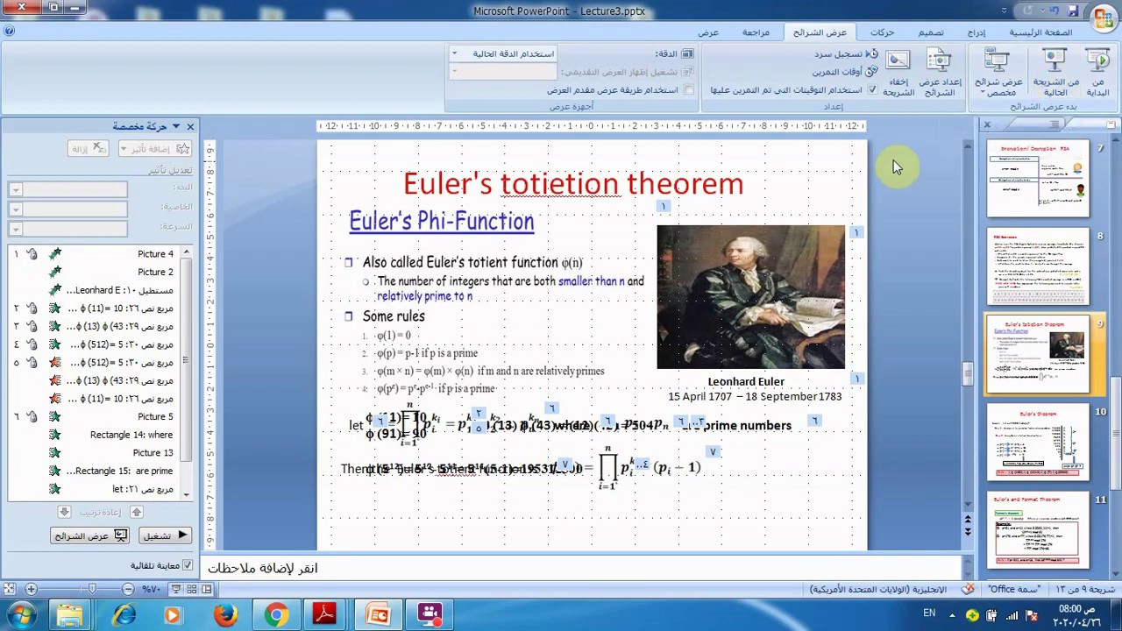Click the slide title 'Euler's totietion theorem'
[x=573, y=184]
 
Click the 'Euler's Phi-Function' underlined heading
[x=442, y=221]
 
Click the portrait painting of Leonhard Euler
[x=751, y=297]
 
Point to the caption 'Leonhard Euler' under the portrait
[x=746, y=382]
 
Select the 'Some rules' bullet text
[x=394, y=316]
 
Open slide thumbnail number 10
[x=1038, y=442]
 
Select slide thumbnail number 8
[x=1038, y=266]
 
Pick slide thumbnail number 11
[x=1038, y=529]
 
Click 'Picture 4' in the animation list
[x=155, y=254]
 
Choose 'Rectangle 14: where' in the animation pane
[x=131, y=435]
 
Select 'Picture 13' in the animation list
[x=153, y=453]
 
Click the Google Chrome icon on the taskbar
[x=276, y=615]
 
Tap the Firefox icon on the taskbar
[x=225, y=615]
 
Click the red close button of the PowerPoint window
[x=22, y=8]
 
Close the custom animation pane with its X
[x=190, y=127]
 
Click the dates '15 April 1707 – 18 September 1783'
[x=755, y=397]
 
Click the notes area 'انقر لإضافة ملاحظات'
[x=263, y=568]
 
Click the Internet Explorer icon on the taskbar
[x=124, y=615]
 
